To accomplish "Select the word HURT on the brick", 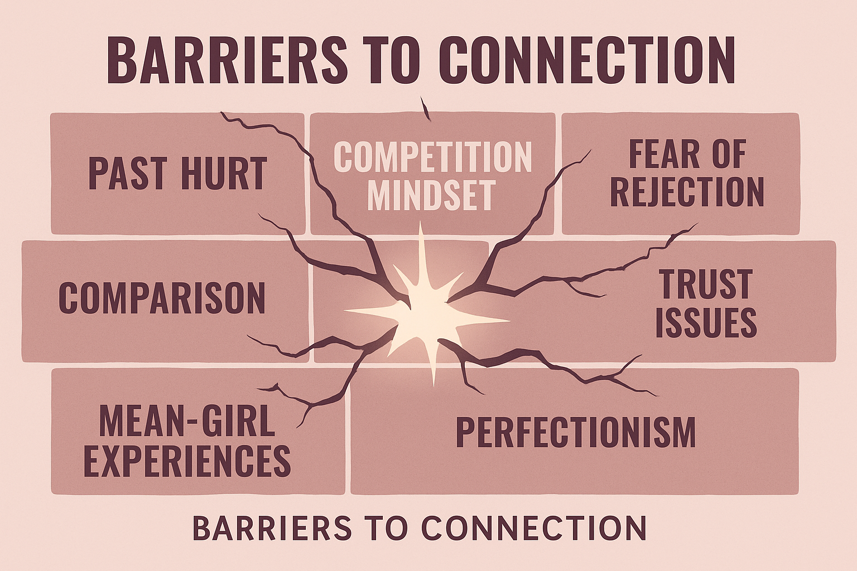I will pos(223,173).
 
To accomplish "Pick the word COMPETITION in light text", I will pos(432,157).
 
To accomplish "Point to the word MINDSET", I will pos(431,195).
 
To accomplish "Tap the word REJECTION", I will pos(687,192).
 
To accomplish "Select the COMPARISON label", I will pos(162,298).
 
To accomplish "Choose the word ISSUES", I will pos(706,322).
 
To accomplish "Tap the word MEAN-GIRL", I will pos(187,422).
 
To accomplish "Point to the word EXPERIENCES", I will pos(187,461).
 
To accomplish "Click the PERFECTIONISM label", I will pos(576,432).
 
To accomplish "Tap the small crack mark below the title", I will pos(426,108).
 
